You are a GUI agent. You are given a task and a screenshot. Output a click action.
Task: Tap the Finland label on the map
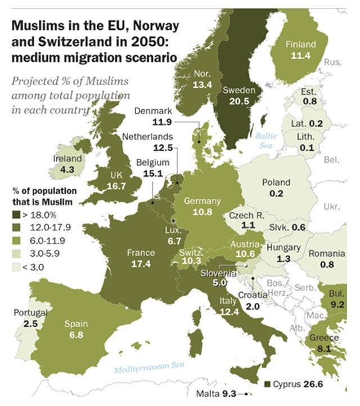[301, 44]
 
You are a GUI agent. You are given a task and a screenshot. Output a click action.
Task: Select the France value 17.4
[141, 263]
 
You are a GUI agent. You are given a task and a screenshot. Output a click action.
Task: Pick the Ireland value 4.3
[67, 168]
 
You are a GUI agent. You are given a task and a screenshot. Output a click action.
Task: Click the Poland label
[276, 182]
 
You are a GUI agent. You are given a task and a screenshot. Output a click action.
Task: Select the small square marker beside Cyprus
[268, 384]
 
